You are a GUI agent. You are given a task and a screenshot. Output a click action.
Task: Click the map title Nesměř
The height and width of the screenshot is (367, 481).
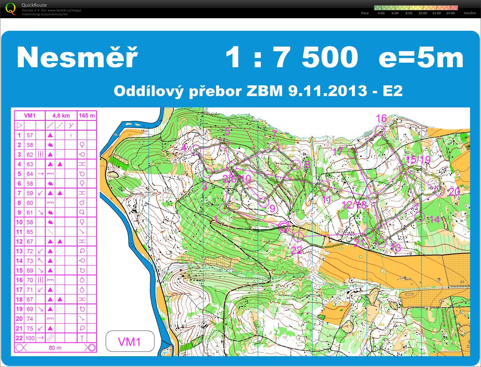(x=77, y=58)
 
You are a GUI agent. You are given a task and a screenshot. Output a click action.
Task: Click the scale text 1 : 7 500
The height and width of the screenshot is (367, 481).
(x=291, y=58)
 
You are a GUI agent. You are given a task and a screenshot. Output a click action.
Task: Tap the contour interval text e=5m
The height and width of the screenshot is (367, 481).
(x=421, y=58)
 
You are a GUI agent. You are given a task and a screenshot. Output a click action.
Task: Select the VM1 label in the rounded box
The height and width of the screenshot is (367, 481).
(x=130, y=342)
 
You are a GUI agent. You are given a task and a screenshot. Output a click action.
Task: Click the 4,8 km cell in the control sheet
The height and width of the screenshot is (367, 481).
(x=61, y=116)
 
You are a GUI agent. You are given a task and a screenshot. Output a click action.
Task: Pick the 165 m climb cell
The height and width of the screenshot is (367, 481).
(x=87, y=116)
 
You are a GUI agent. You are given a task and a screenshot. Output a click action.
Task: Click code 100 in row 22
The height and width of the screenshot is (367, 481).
(x=30, y=338)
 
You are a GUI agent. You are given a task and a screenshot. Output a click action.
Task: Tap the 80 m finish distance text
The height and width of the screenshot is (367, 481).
(x=55, y=348)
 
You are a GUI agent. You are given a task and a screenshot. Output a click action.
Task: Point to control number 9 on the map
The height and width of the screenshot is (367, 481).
(x=272, y=208)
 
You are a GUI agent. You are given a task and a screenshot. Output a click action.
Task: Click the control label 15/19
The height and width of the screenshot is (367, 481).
(x=418, y=160)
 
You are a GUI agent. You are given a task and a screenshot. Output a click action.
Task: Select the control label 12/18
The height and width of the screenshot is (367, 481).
(x=354, y=205)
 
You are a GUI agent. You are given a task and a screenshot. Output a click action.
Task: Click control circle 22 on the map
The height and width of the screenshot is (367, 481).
(x=298, y=236)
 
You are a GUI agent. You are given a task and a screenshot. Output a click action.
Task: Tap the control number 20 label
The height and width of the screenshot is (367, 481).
(x=454, y=192)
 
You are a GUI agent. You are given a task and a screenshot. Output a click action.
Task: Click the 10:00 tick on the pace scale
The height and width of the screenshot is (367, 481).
(x=423, y=13)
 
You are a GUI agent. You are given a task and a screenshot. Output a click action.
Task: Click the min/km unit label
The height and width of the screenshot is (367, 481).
(x=470, y=13)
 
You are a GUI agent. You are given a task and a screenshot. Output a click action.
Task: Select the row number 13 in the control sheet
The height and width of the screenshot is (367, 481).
(x=19, y=251)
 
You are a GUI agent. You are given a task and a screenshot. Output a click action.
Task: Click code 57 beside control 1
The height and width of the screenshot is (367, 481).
(x=30, y=135)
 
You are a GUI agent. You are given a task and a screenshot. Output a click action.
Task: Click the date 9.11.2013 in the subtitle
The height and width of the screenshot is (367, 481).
(x=328, y=91)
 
